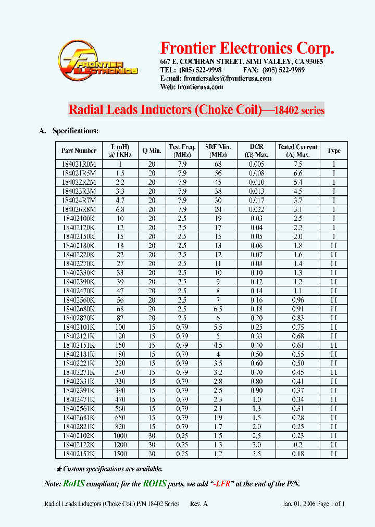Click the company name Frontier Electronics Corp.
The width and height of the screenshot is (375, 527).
pos(246,48)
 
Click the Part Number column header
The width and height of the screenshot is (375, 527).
pos(79,150)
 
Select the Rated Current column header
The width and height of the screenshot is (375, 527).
pos(297,150)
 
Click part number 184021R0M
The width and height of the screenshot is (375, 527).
pos(79,164)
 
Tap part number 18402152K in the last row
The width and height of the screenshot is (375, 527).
pos(79,454)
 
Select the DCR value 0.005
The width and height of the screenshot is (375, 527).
pos(257,164)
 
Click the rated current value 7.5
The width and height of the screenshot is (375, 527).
pos(297,164)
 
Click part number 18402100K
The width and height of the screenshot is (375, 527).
pos(79,218)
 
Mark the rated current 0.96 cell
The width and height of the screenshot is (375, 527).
pos(297,300)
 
